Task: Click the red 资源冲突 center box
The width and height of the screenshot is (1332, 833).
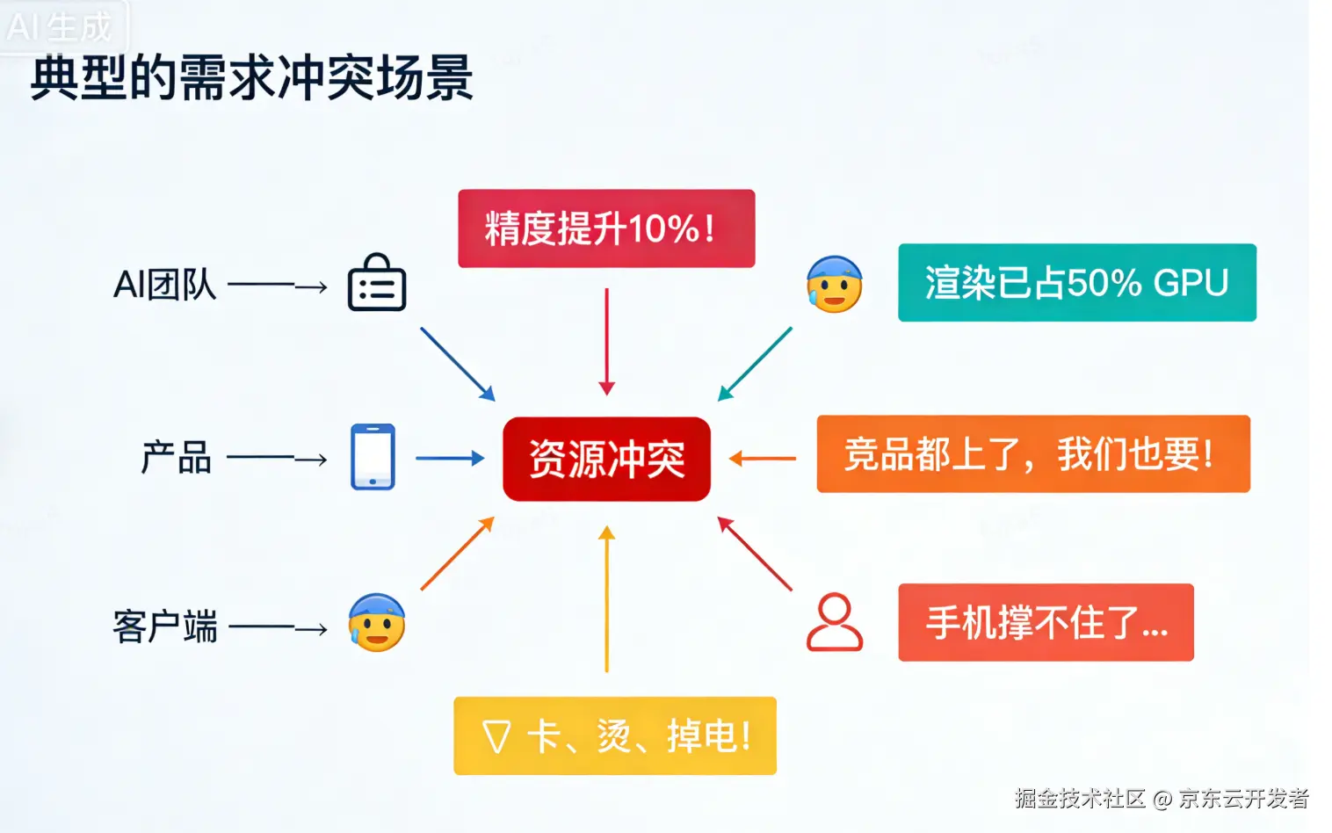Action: point(606,459)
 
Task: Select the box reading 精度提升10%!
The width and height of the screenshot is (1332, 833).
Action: point(606,228)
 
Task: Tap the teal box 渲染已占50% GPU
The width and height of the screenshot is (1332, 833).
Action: point(1076,283)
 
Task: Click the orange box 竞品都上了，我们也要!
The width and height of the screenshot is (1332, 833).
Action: point(1032,454)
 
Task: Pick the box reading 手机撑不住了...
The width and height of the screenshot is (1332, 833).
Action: point(1046,622)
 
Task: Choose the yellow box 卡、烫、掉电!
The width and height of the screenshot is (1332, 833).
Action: point(615,735)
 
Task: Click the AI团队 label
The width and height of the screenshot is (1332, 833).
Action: point(165,285)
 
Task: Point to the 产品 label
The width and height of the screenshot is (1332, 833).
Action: point(177,458)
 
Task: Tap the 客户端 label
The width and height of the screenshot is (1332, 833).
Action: point(165,627)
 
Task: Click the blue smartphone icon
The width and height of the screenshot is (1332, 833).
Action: point(373,457)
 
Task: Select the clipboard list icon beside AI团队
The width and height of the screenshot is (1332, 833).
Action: point(377,283)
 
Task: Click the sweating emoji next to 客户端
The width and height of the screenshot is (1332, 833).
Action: point(376,622)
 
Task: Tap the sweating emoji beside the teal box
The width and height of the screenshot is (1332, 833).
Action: point(834,284)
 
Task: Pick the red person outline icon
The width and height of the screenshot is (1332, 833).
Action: point(834,621)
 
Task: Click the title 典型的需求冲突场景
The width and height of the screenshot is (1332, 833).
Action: point(252,77)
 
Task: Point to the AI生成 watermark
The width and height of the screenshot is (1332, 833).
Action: point(60,27)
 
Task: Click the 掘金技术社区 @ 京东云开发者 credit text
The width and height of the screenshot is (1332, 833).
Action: point(1162,798)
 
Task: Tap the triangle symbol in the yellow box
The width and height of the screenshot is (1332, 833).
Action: point(496,736)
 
